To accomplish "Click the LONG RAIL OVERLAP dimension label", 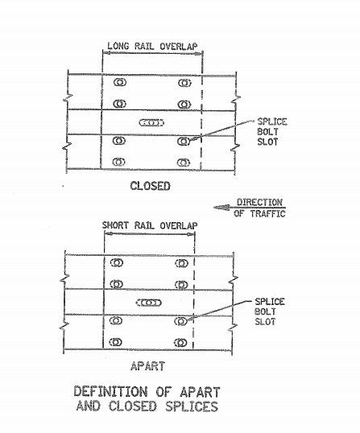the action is (x=152, y=46).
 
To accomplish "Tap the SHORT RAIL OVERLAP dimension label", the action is (x=150, y=225).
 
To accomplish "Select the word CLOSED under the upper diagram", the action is (x=150, y=186).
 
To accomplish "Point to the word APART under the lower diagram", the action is (x=148, y=366).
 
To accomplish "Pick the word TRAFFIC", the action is (x=267, y=213).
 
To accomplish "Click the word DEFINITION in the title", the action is (x=110, y=392).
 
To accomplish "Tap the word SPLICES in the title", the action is (x=192, y=406).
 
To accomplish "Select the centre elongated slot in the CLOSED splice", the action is (x=151, y=122).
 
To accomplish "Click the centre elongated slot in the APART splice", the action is (x=149, y=303).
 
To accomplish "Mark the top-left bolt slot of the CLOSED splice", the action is (x=120, y=82).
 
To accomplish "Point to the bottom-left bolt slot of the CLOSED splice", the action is (x=119, y=162).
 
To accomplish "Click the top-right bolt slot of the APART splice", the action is (x=181, y=263).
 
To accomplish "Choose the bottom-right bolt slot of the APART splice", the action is (x=180, y=343).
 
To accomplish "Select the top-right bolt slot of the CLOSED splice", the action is (x=184, y=83).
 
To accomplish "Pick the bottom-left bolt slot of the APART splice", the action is (x=115, y=342).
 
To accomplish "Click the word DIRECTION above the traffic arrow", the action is (x=259, y=203).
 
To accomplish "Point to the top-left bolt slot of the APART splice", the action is (x=117, y=262).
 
